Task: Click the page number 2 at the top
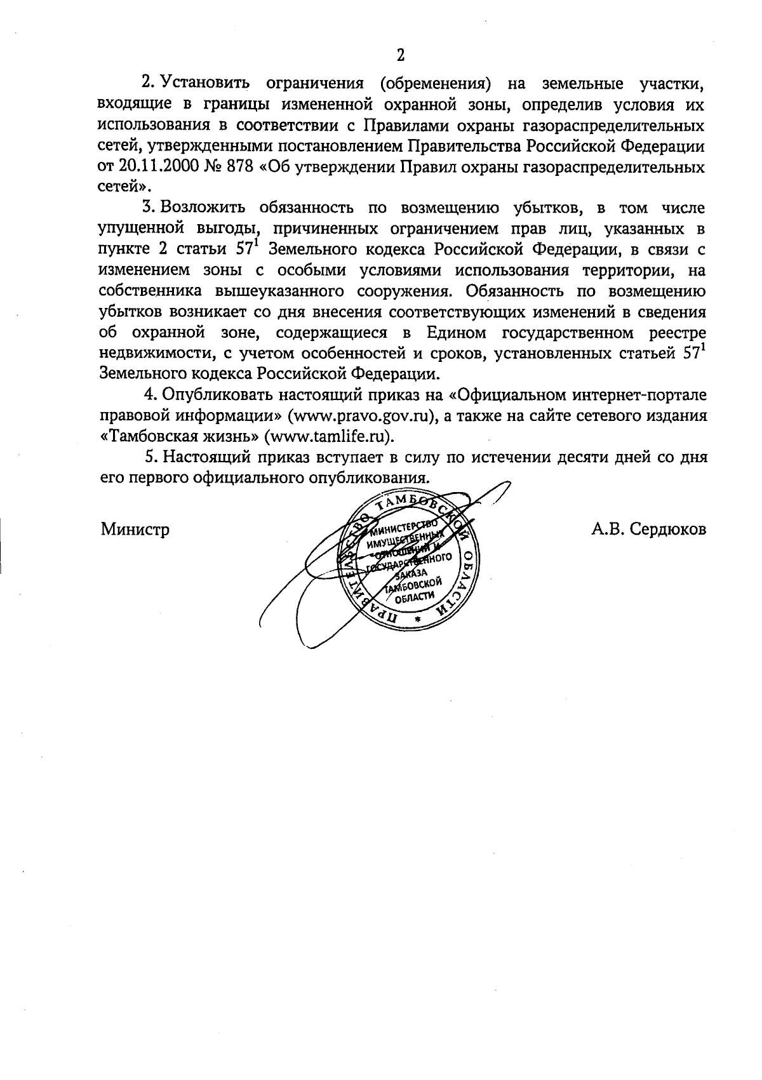401,55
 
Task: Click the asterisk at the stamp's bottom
417,618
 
